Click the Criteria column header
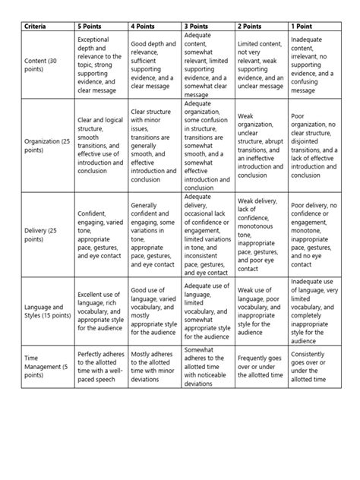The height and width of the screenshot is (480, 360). (35, 27)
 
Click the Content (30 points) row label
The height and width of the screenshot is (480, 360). (43, 64)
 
